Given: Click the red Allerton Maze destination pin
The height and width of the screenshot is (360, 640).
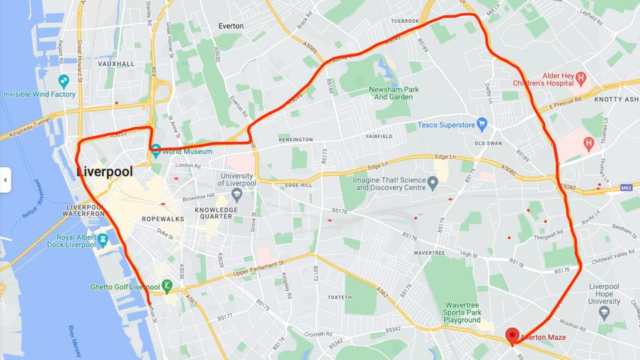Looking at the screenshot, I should point(512,336).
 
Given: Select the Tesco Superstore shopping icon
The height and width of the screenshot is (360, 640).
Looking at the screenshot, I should point(483,124).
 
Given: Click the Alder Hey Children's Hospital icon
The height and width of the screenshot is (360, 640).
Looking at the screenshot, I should point(581,79).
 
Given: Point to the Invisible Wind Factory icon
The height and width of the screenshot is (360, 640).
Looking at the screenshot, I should point(64,82).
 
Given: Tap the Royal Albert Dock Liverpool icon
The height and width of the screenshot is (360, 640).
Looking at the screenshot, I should point(103,239).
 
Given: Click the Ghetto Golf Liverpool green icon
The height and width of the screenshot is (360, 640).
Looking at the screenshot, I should point(167,287).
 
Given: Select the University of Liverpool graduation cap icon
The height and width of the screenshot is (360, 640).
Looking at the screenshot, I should point(236,194).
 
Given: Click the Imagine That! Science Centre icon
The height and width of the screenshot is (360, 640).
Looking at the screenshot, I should point(433,182).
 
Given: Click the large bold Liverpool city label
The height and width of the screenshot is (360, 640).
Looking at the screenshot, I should point(105,171).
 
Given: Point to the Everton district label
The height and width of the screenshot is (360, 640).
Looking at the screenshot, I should point(231,26).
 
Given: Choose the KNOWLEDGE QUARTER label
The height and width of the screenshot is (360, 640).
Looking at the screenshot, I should point(217,213).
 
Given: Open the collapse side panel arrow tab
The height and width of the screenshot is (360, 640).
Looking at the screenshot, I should point(5,180).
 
